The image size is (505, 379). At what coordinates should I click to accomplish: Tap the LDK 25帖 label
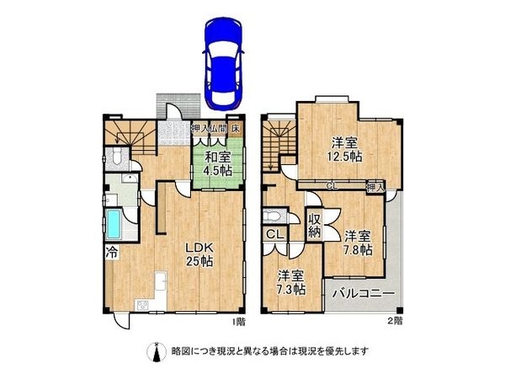click(x=200, y=254)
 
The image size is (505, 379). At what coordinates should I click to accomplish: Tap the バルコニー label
click(x=363, y=294)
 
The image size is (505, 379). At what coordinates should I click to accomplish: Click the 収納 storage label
click(x=315, y=223)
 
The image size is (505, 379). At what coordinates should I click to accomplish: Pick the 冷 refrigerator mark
click(x=110, y=251)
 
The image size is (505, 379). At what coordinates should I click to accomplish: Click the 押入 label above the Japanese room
click(x=200, y=129)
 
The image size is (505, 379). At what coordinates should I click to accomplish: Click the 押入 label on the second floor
click(x=375, y=185)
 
